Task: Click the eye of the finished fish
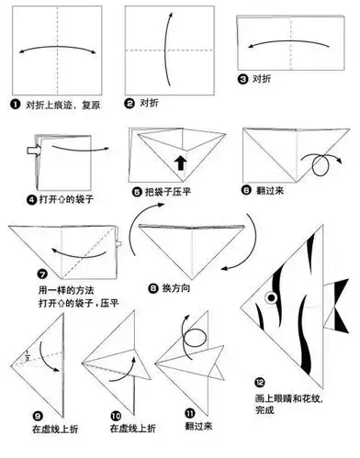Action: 271,297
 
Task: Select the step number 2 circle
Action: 130,105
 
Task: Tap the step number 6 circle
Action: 245,190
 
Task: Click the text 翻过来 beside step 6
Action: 270,190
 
